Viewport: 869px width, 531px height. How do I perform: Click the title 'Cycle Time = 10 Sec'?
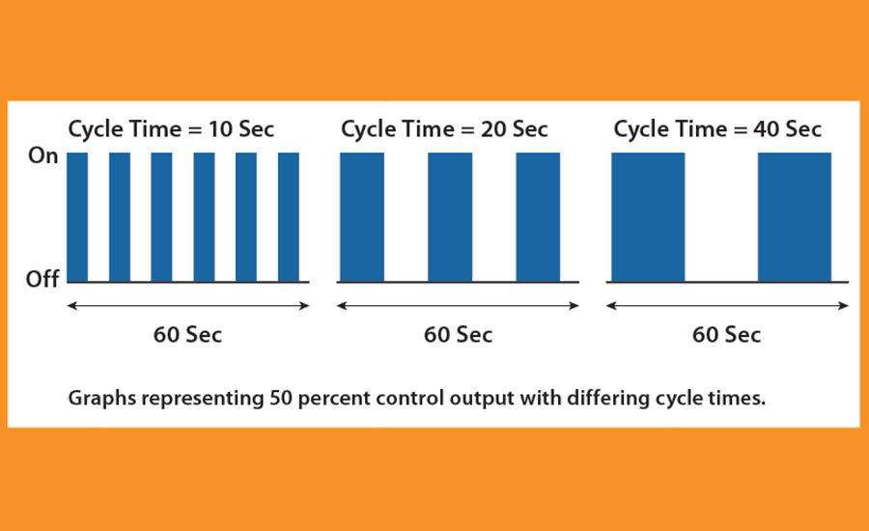tap(170, 128)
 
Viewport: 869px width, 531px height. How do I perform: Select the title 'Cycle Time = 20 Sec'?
tap(444, 128)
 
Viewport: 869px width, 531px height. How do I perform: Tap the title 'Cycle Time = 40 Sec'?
tap(717, 128)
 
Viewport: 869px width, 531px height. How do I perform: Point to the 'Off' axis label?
tap(43, 279)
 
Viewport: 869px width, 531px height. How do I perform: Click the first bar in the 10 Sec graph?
tap(77, 217)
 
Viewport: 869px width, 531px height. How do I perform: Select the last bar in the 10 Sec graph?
tap(288, 217)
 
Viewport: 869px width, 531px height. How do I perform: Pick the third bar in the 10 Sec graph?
tap(161, 217)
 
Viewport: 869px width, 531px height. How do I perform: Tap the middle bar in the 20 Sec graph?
tap(450, 217)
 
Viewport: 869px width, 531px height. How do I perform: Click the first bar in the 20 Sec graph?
tap(362, 217)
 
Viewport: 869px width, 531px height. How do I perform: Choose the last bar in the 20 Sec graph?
tap(538, 217)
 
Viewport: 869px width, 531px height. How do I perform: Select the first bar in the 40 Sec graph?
tap(648, 217)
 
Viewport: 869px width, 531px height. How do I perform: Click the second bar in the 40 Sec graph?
tap(794, 217)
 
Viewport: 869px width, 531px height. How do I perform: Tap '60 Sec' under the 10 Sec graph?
tap(187, 335)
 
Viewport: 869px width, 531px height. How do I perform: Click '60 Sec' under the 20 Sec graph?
tap(458, 335)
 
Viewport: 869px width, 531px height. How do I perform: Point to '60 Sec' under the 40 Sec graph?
tap(726, 335)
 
